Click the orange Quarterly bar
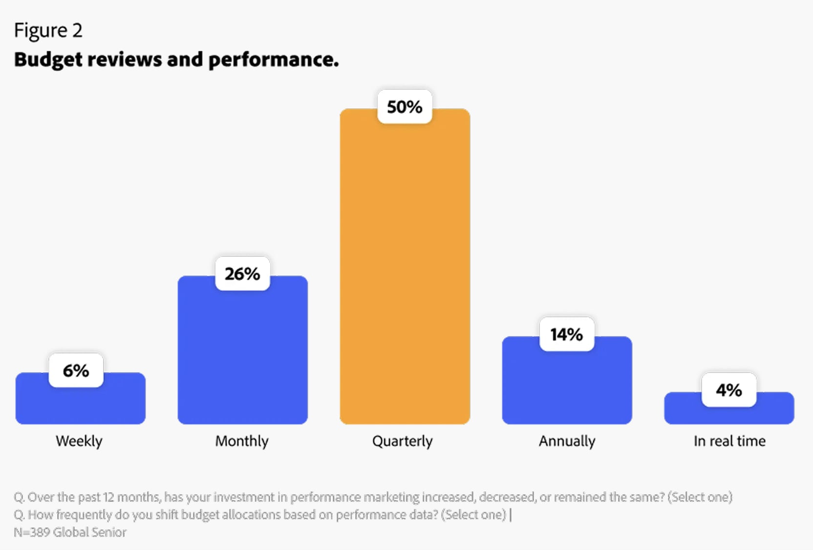(405, 274)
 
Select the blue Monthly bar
(242, 357)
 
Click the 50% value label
(405, 106)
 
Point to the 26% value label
(242, 274)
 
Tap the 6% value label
(76, 370)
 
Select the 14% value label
(567, 334)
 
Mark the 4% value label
(729, 390)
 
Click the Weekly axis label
(79, 441)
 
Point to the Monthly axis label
(242, 441)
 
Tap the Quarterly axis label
(403, 441)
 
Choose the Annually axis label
(567, 441)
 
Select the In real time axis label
(729, 441)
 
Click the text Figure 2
(48, 30)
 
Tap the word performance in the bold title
(273, 60)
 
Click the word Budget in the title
(48, 60)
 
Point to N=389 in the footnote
(31, 532)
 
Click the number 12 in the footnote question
(108, 497)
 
